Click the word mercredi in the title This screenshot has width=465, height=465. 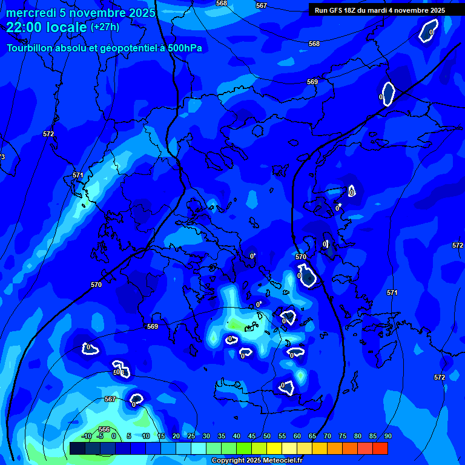point(31,13)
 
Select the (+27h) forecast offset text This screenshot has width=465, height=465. point(105,27)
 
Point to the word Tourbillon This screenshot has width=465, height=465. point(30,48)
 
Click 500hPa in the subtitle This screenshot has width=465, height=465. point(180,48)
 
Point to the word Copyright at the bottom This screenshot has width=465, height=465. point(228,461)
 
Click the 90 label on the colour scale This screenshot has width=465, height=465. point(387,436)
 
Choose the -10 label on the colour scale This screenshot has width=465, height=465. point(86,436)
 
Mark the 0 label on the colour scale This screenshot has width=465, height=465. point(114,436)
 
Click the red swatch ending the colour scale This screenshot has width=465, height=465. point(380,448)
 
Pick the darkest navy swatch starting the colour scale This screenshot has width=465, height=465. point(77,448)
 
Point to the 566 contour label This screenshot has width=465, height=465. point(104,429)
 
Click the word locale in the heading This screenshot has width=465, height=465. point(64,28)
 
